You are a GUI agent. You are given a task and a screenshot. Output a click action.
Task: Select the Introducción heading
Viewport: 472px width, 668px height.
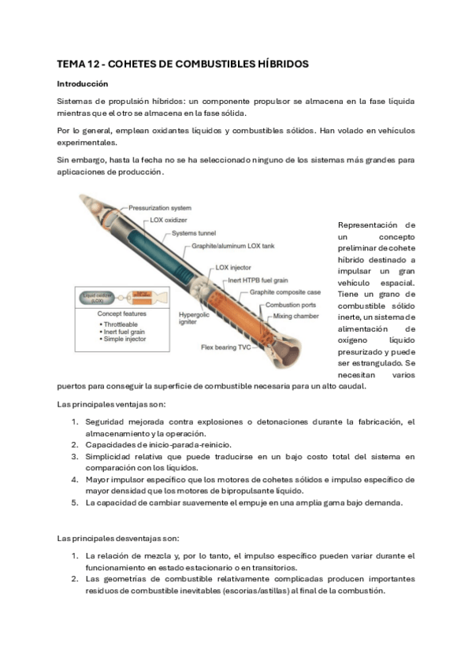82,83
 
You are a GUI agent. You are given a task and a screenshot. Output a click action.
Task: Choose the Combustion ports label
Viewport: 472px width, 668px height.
292,305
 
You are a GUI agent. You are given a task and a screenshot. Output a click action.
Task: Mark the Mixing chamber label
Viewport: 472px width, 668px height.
296,316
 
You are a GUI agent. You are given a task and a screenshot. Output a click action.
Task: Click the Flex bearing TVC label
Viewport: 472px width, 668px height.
227,347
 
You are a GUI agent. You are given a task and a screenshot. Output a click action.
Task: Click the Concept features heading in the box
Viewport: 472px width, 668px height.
113,314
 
